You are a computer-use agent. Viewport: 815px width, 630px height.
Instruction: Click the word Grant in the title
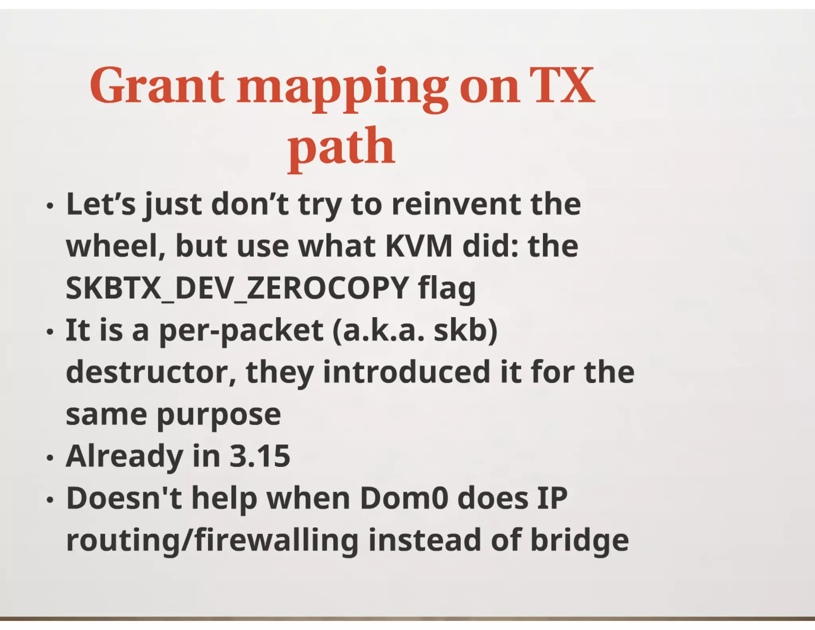click(157, 86)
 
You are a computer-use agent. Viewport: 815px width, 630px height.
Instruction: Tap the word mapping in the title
click(343, 88)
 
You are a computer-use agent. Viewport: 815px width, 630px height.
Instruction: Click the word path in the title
click(341, 148)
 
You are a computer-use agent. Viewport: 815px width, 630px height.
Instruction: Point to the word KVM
click(419, 246)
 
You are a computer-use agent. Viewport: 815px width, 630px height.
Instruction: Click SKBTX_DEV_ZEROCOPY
click(237, 288)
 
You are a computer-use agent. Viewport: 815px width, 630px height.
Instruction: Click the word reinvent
click(456, 204)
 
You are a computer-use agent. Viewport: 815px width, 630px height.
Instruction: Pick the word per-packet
click(241, 331)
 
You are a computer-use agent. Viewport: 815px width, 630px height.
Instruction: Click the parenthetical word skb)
click(465, 330)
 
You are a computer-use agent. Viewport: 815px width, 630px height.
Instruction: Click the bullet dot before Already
click(49, 458)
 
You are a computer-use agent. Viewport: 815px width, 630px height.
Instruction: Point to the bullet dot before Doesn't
click(49, 500)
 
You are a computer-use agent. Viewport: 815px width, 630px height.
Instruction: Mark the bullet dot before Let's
click(49, 206)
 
